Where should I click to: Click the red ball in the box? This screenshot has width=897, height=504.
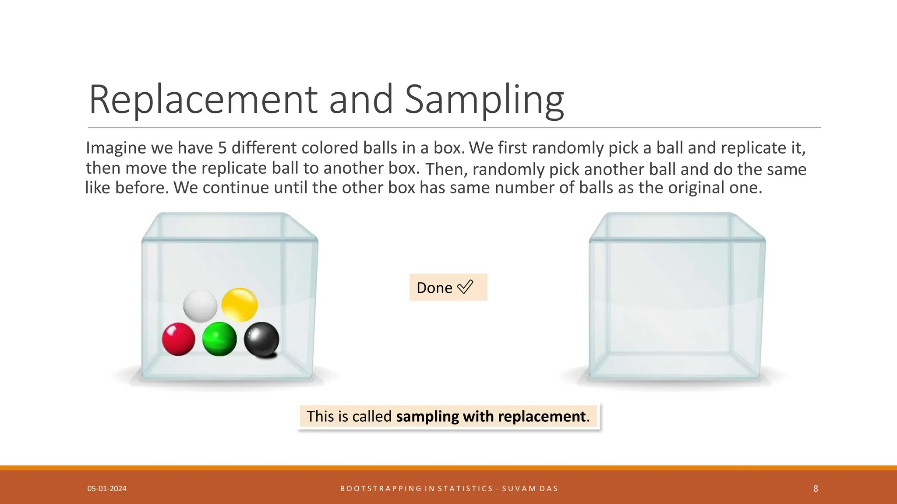pyautogui.click(x=178, y=339)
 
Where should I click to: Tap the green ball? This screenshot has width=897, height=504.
pyautogui.click(x=219, y=339)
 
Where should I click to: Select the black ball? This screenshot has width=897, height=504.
pyautogui.click(x=261, y=339)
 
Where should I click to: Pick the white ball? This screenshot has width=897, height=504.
pyautogui.click(x=200, y=305)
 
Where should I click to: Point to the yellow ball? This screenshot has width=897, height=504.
pyautogui.click(x=240, y=304)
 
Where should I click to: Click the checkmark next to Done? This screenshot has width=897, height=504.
pyautogui.click(x=465, y=287)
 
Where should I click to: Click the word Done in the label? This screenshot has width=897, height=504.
pyautogui.click(x=434, y=288)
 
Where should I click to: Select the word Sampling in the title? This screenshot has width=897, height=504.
pyautogui.click(x=484, y=100)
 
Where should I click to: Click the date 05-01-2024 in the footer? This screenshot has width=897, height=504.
pyautogui.click(x=107, y=489)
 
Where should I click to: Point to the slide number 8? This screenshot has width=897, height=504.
pyautogui.click(x=816, y=489)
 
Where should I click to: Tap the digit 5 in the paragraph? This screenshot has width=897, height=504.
pyautogui.click(x=222, y=148)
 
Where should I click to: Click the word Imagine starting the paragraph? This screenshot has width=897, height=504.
pyautogui.click(x=116, y=148)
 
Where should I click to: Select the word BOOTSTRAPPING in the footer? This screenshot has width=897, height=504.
pyautogui.click(x=381, y=489)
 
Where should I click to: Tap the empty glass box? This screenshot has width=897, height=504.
pyautogui.click(x=677, y=302)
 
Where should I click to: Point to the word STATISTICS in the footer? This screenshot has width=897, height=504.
pyautogui.click(x=466, y=489)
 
